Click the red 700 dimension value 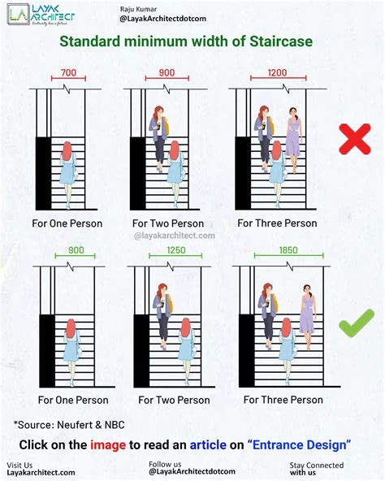[x=68, y=73]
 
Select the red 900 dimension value [x=167, y=73]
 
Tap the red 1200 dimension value [x=277, y=73]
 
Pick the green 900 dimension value [x=75, y=250]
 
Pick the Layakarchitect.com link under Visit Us [x=41, y=472]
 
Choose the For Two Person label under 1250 [x=175, y=400]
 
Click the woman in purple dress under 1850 [x=307, y=313]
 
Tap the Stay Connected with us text [x=316, y=469]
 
